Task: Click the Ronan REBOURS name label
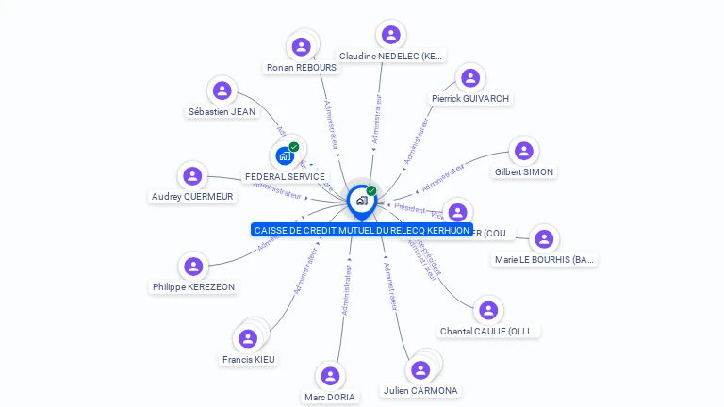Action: [x=302, y=68]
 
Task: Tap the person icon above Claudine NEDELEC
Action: [x=390, y=35]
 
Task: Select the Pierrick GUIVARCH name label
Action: [x=470, y=98]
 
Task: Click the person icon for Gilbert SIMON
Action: [x=524, y=151]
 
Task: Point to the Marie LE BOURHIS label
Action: [x=545, y=260]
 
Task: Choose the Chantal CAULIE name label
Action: [x=489, y=332]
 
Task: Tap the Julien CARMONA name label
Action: [x=420, y=390]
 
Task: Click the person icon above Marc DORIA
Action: [x=330, y=377]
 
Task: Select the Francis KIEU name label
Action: [x=249, y=359]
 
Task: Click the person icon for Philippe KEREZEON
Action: [x=193, y=267]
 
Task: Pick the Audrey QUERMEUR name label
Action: [x=192, y=197]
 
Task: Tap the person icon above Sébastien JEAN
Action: [x=222, y=90]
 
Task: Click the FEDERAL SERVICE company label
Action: [x=285, y=177]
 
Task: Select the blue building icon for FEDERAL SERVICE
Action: [x=285, y=156]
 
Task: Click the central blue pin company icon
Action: [x=361, y=201]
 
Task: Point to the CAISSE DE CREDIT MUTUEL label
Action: [x=362, y=230]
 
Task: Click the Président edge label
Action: [x=409, y=207]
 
